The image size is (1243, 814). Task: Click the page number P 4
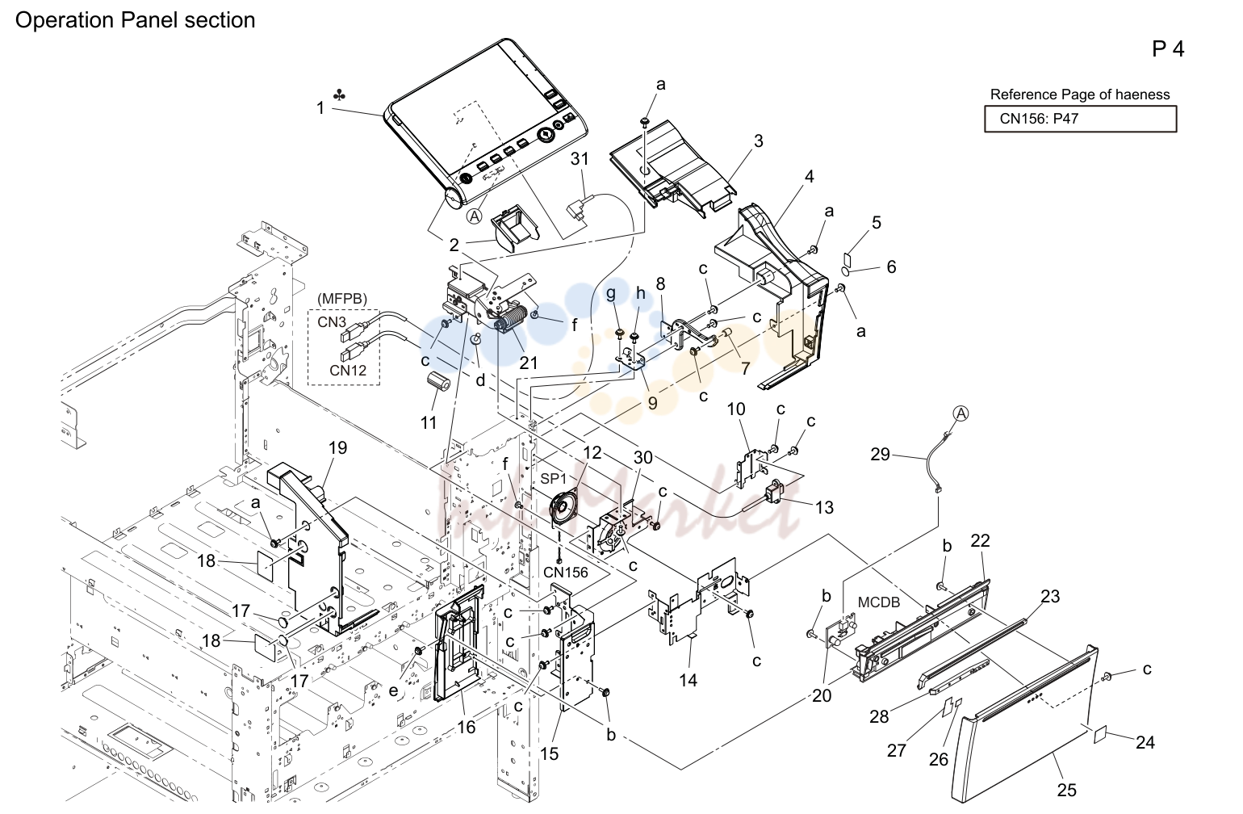click(x=1168, y=49)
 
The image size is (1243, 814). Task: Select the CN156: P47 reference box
click(x=1081, y=119)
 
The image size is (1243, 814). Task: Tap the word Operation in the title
click(x=65, y=20)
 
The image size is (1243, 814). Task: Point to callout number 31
click(x=580, y=159)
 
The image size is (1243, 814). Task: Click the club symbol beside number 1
click(x=339, y=95)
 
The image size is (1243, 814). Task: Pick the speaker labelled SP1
click(x=563, y=506)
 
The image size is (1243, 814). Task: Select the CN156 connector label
click(x=566, y=572)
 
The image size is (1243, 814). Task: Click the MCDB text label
click(x=879, y=602)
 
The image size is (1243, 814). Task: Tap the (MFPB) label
click(x=342, y=299)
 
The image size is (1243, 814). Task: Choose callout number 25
click(x=1066, y=790)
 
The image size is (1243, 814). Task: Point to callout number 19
click(x=338, y=447)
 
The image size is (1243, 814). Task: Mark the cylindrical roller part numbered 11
click(x=437, y=383)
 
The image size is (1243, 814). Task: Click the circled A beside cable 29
click(x=960, y=413)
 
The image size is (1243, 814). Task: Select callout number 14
click(x=688, y=680)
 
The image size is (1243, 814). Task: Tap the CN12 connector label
click(x=348, y=371)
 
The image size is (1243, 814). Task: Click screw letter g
click(x=611, y=294)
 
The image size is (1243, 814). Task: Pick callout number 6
click(x=891, y=266)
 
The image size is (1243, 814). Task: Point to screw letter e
click(x=393, y=690)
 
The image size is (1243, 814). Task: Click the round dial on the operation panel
click(x=545, y=134)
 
